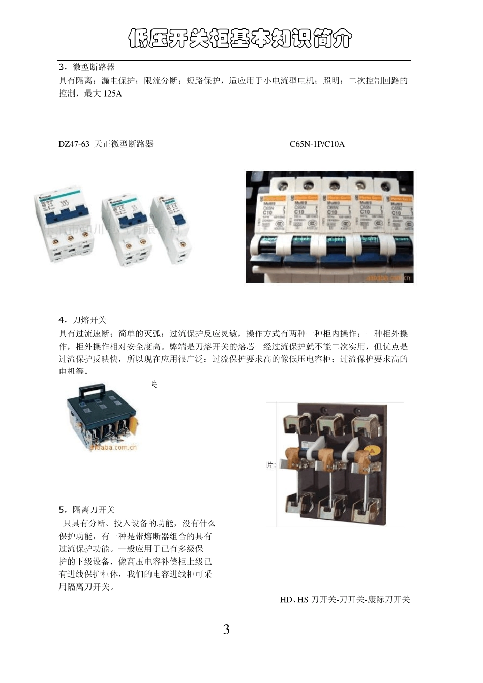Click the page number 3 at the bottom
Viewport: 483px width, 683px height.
tap(226, 630)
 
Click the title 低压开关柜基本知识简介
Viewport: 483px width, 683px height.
tap(240, 39)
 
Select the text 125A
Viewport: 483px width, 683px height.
tap(112, 94)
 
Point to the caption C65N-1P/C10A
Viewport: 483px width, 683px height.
tap(317, 144)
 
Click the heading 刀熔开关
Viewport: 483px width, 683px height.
tap(89, 320)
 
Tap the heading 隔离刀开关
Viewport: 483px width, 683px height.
tap(94, 510)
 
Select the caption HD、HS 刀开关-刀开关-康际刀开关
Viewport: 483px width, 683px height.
tap(345, 600)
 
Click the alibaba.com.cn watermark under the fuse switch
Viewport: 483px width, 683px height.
tap(113, 448)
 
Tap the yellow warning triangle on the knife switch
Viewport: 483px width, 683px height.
tap(372, 450)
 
